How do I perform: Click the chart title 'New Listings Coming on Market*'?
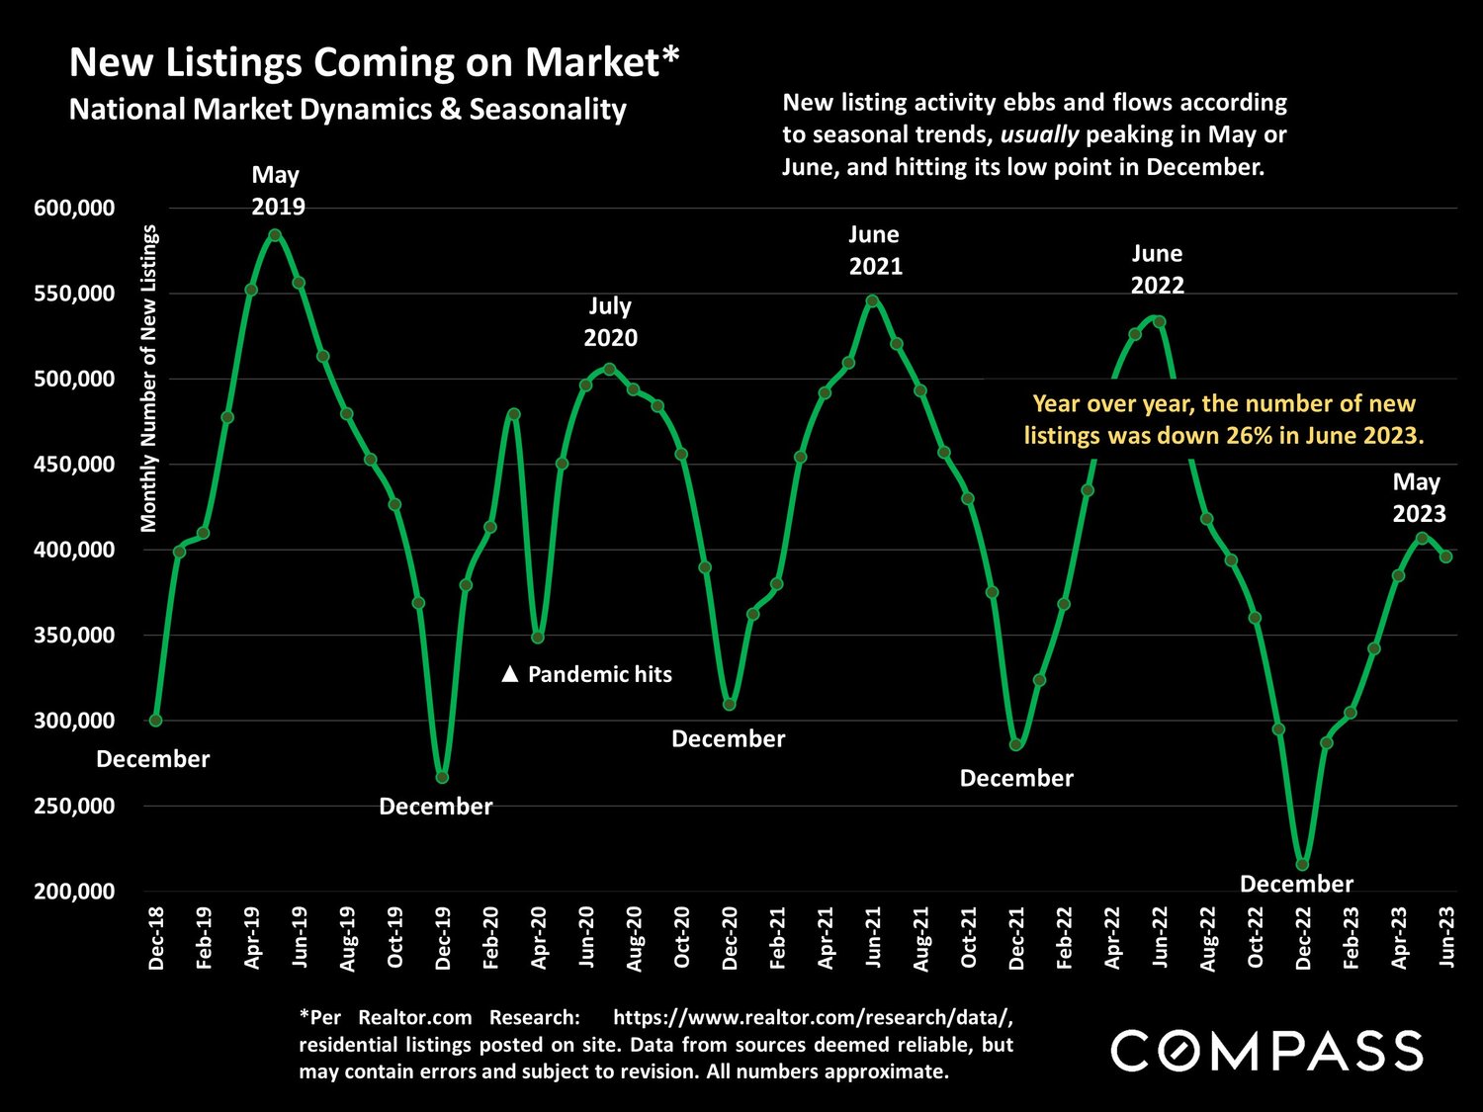pos(374,61)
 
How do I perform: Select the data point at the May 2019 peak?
pos(275,235)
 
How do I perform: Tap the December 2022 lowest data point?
pos(1302,865)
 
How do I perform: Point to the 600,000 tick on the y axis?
pos(74,208)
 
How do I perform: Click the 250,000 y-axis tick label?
pos(74,806)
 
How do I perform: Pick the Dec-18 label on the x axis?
pos(156,938)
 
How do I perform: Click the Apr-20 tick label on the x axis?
pos(539,938)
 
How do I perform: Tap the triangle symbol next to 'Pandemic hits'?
pos(510,674)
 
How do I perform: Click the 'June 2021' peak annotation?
pos(875,250)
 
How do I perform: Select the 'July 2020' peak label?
pos(610,321)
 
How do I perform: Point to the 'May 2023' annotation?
pos(1419,497)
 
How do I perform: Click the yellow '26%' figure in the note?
pos(1251,435)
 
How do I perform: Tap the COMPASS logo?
pos(1266,1050)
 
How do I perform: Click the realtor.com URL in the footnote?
pos(813,1017)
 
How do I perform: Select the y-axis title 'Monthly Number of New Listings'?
pos(149,378)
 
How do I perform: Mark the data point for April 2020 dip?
pos(538,638)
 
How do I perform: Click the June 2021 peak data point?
pos(871,300)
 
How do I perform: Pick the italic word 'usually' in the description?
pos(1039,134)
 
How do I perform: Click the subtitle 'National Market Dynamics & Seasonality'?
pos(347,109)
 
